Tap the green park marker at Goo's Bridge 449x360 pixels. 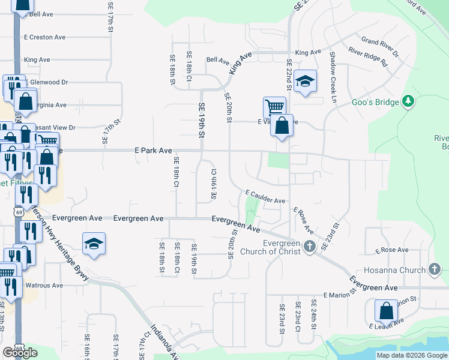[409, 101]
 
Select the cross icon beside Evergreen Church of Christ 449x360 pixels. [309, 246]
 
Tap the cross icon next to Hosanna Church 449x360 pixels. [435, 270]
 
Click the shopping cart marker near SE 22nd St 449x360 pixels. [274, 108]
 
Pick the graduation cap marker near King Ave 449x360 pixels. [305, 81]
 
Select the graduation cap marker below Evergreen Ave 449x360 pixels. [94, 244]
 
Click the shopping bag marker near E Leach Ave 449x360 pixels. [386, 311]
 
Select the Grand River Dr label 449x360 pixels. [380, 47]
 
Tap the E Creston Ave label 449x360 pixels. [44, 37]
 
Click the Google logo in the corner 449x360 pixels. [20, 353]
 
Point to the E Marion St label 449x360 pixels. [340, 295]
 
